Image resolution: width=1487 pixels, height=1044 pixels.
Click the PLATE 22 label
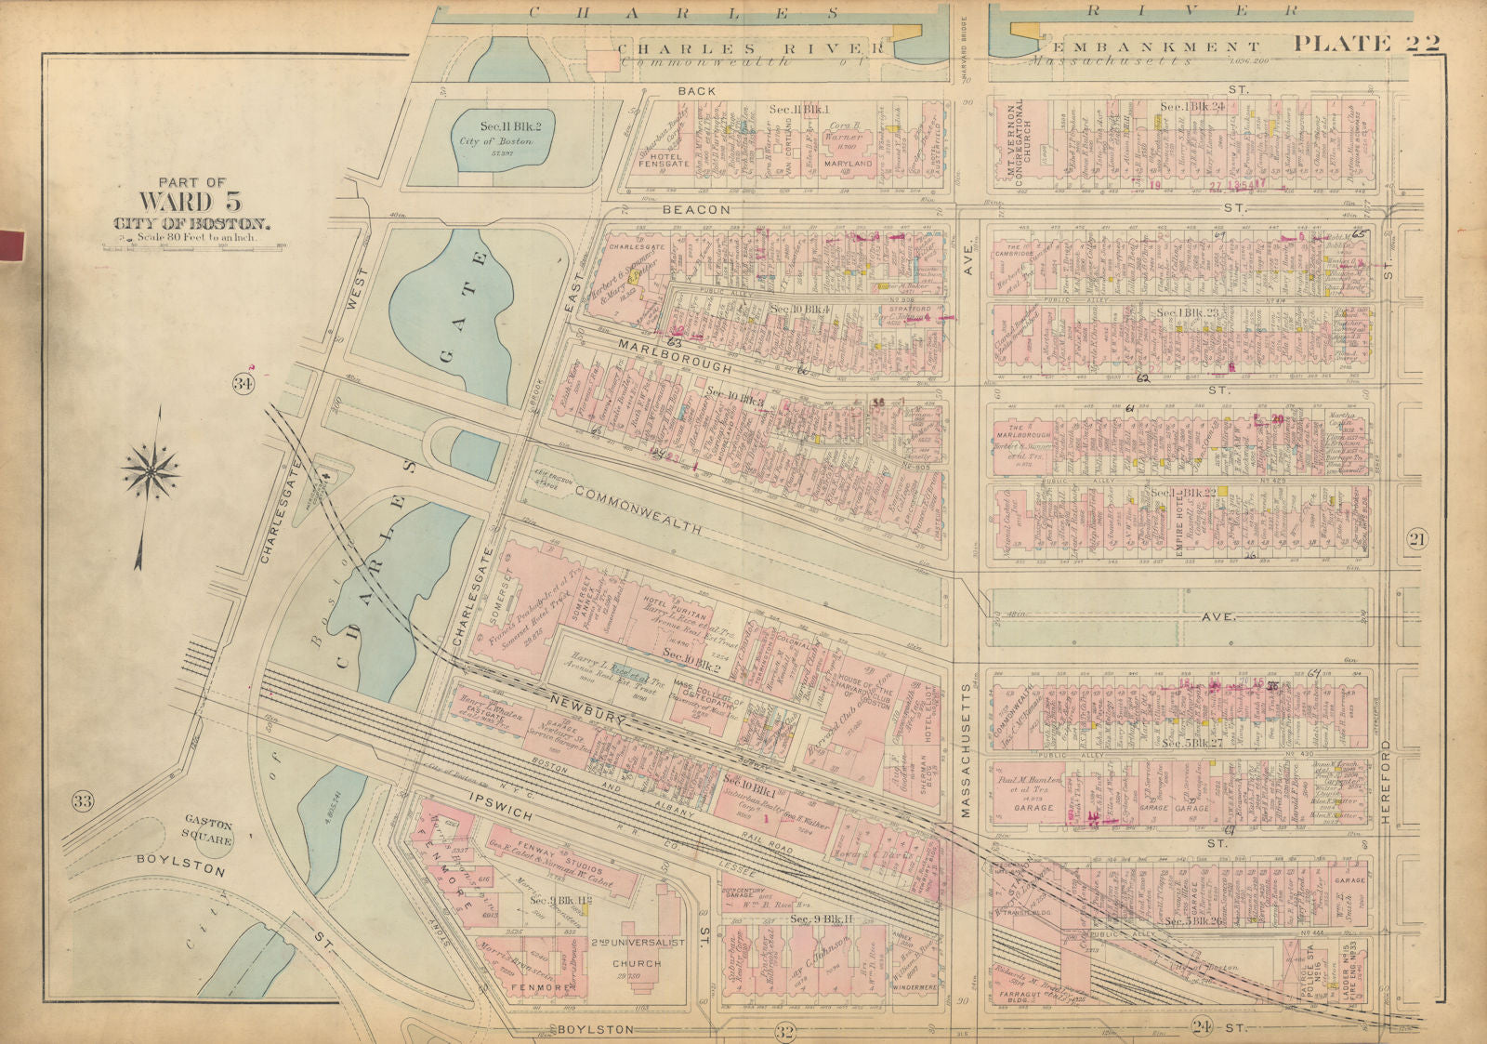click(x=1366, y=43)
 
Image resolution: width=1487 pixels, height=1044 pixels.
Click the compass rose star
click(x=151, y=470)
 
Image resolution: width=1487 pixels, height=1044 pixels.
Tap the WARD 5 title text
click(x=192, y=201)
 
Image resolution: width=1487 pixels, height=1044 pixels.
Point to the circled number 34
click(x=243, y=383)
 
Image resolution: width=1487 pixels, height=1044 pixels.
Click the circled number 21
click(x=1415, y=540)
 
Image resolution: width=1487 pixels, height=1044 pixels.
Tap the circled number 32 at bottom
click(x=785, y=1029)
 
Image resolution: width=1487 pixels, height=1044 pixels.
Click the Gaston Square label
click(x=207, y=830)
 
